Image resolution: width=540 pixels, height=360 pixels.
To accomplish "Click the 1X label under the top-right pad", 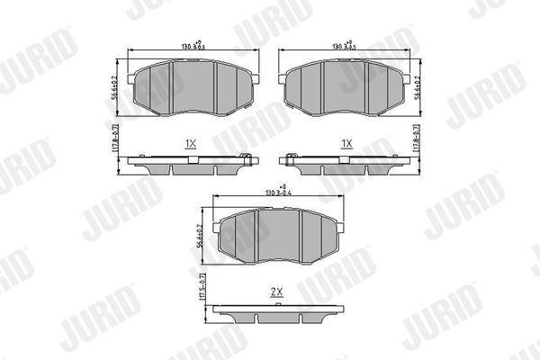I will point(346,143).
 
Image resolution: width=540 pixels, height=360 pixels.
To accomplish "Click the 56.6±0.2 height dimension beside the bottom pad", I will point(201,236).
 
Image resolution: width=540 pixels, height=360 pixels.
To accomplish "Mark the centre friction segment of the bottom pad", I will point(275,236).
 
